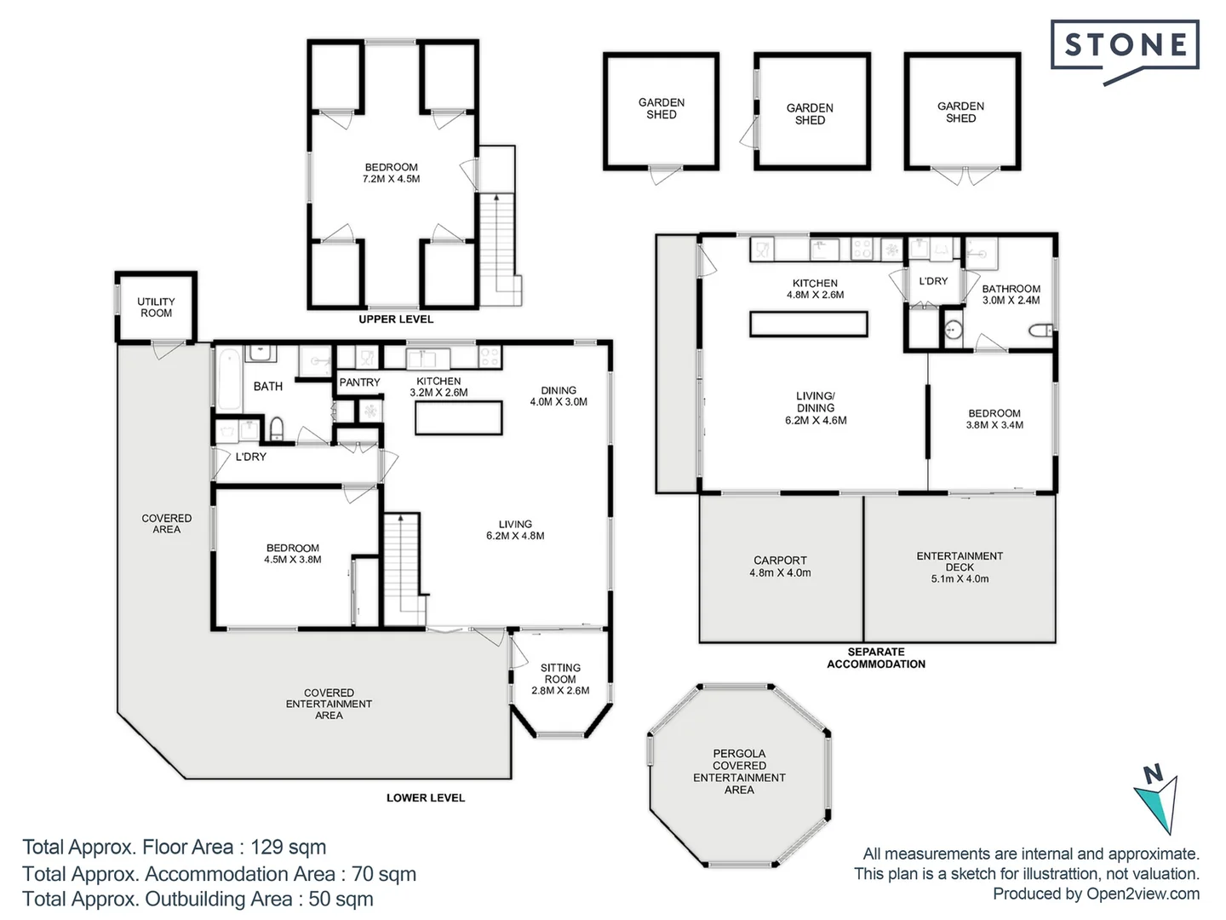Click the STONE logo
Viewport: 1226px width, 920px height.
click(x=1125, y=46)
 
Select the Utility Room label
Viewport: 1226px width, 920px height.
click(x=156, y=308)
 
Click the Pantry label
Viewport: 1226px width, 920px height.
click(x=359, y=382)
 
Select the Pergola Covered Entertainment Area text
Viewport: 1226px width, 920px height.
click(x=739, y=772)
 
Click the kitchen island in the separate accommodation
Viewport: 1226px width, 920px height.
click(x=808, y=325)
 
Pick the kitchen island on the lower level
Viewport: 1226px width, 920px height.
click(x=458, y=417)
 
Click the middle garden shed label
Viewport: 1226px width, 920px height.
click(x=810, y=114)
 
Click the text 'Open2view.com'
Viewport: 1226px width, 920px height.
click(x=1143, y=894)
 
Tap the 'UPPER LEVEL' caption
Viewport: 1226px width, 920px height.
click(x=396, y=319)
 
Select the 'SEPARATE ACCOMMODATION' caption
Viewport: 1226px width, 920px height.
click(x=876, y=658)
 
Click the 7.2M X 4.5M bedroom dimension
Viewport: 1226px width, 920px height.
click(x=391, y=179)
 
